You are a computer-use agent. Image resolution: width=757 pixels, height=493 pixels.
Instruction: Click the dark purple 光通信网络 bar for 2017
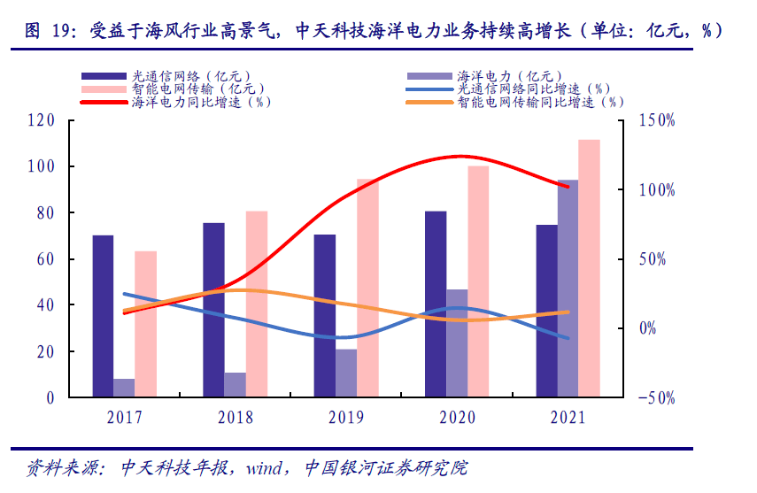[103, 316]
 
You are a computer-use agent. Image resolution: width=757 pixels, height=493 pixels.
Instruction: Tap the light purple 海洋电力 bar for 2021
[568, 289]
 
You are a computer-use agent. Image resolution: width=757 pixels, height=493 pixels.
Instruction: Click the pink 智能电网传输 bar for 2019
[367, 288]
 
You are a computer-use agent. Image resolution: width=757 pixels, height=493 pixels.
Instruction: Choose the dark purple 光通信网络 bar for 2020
[436, 304]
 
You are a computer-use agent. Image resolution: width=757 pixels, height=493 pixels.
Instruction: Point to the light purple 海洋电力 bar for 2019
[346, 373]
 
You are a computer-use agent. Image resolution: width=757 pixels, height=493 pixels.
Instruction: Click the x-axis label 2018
[235, 417]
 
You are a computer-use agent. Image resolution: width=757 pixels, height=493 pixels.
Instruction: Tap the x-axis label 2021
[567, 417]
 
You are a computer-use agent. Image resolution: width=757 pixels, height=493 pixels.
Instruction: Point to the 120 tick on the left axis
[41, 120]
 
